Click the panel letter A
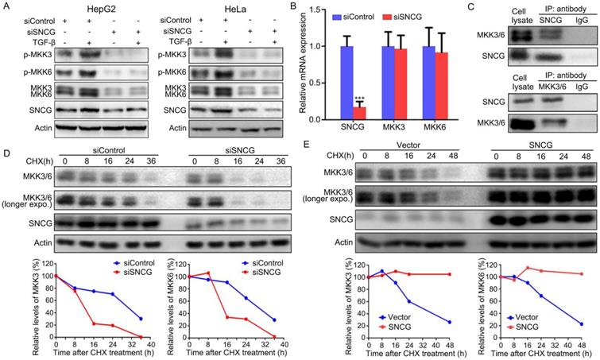point(6,7)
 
